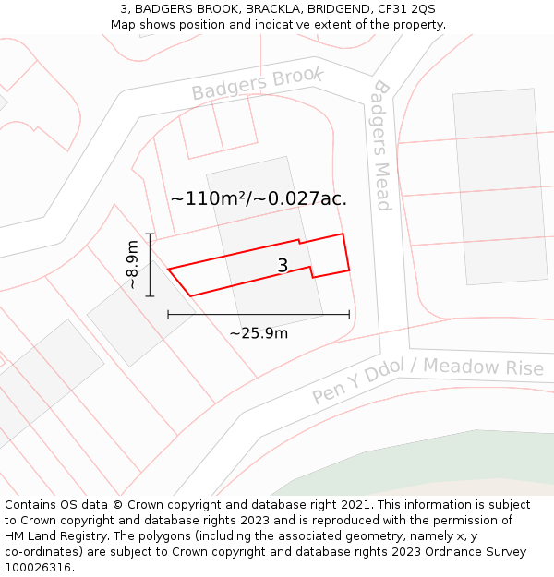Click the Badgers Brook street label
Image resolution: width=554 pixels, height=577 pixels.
pos(257,83)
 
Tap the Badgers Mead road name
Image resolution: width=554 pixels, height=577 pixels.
pos(381,146)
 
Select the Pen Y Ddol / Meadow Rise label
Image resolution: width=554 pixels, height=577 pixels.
pos(427,379)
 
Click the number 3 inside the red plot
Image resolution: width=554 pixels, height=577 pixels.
pos(283,266)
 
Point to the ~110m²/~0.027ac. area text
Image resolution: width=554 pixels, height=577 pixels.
pos(259,198)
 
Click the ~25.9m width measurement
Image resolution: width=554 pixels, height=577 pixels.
pos(259,332)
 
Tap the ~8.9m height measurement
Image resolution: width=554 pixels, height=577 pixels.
pos(134,265)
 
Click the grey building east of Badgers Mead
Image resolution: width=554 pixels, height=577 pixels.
pos(499,185)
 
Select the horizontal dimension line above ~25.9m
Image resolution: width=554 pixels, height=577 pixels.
pos(259,315)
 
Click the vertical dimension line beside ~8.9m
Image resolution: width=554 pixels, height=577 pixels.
pos(150,265)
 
